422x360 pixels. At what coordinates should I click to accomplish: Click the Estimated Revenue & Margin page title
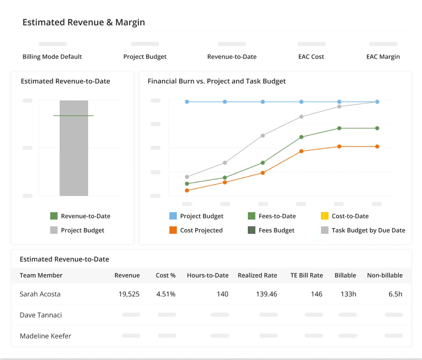[84, 22]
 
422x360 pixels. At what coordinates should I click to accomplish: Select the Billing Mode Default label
[52, 57]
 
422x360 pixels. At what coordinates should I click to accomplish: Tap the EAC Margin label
[383, 57]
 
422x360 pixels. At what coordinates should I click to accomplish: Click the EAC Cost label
[311, 57]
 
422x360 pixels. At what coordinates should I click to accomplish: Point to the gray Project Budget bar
[74, 155]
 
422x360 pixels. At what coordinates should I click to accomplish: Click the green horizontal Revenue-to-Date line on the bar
[74, 116]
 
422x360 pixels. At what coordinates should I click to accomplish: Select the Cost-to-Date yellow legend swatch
[325, 216]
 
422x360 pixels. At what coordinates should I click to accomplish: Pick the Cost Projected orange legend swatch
[173, 230]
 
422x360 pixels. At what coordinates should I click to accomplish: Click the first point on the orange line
[187, 191]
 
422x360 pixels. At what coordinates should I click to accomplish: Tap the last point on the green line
[377, 128]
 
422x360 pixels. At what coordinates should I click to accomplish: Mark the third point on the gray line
[263, 136]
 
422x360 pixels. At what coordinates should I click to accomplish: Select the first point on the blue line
[187, 102]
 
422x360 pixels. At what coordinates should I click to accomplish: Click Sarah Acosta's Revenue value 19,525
[129, 294]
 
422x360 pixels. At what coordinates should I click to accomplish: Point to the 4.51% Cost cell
[166, 294]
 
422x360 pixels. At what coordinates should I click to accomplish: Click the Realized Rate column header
[257, 275]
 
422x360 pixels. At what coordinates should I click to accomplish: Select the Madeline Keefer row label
[46, 336]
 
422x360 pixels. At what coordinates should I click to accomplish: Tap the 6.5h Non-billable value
[395, 294]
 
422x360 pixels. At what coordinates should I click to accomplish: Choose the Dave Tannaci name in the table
[41, 315]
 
